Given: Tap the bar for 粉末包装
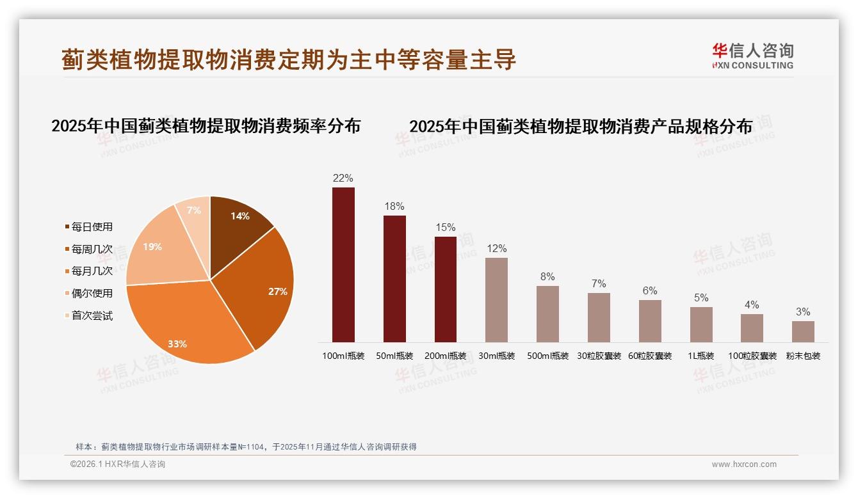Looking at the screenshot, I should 803,331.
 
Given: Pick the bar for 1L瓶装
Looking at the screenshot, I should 701,324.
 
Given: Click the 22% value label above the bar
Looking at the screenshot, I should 343,178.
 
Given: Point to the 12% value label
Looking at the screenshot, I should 496,248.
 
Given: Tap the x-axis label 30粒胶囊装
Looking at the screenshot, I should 599,356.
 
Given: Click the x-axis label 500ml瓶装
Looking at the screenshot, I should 547,356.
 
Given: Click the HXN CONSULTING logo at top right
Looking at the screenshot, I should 752,56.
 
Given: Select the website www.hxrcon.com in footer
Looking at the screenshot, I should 744,464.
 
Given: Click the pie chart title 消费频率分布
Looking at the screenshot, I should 206,125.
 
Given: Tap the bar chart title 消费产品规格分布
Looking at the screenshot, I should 581,127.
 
